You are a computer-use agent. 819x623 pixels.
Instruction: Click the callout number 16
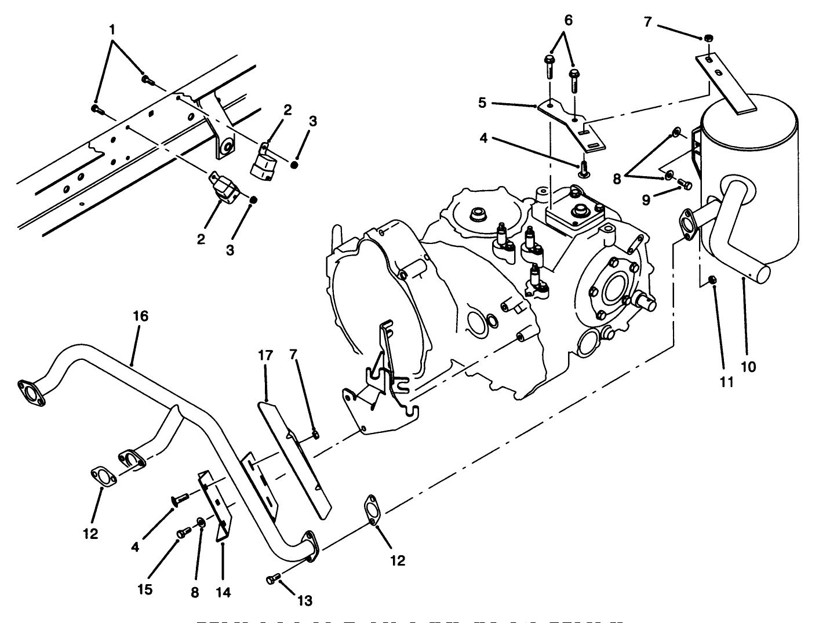click(x=140, y=316)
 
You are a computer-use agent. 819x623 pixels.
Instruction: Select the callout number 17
click(x=265, y=355)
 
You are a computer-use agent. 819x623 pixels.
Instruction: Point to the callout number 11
click(x=727, y=382)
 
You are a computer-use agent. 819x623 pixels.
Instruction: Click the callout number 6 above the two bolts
click(x=567, y=20)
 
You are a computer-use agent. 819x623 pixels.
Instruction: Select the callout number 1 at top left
click(x=113, y=28)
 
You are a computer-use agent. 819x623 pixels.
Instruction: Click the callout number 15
click(x=145, y=590)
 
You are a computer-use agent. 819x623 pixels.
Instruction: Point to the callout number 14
click(x=223, y=592)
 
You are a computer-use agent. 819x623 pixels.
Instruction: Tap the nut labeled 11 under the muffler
click(x=714, y=280)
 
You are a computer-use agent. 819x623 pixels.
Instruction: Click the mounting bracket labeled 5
click(x=571, y=122)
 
